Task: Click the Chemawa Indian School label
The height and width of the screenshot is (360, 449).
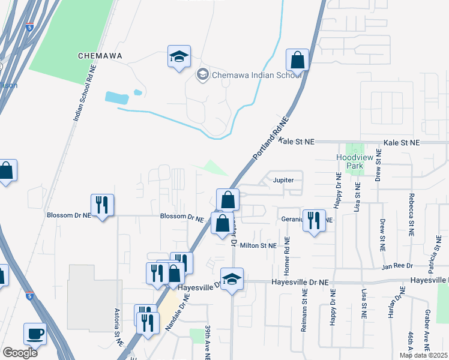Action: [x=249, y=74]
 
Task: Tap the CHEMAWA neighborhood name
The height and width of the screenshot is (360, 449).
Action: [x=100, y=56]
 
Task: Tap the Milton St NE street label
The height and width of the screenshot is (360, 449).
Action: [x=258, y=245]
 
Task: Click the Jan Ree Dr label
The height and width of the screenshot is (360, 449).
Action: [x=397, y=265]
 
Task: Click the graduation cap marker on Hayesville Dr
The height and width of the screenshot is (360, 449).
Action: [x=232, y=278]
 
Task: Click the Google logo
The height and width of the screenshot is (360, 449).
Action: [x=19, y=353]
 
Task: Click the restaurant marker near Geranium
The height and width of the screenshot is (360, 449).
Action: [x=314, y=220]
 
